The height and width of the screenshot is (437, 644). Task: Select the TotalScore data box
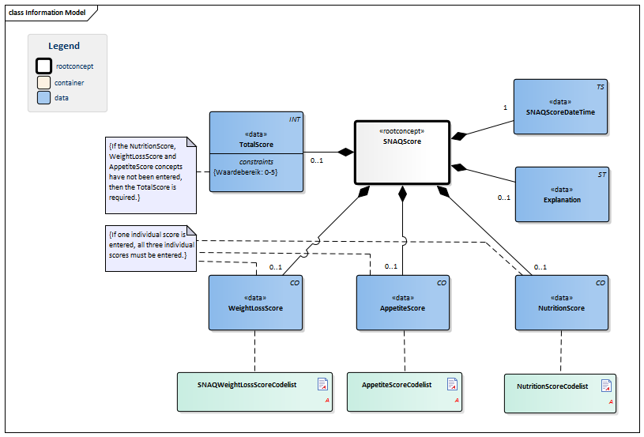pos(256,151)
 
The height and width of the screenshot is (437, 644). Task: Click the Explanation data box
pos(562,194)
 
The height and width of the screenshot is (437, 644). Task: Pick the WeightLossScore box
pos(255,303)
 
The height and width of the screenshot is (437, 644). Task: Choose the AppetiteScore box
pos(404,303)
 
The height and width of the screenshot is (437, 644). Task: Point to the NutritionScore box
pos(561,303)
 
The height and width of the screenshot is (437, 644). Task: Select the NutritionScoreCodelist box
pos(559,392)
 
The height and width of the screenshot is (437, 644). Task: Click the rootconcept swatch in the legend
pos(43,66)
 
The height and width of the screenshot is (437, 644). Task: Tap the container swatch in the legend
pos(43,82)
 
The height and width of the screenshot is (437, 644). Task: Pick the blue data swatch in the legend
pos(43,98)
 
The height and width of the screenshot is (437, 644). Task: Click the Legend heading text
pos(64,46)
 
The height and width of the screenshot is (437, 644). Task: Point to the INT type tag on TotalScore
pos(294,119)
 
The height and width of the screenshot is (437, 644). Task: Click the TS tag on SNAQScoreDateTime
pos(601,87)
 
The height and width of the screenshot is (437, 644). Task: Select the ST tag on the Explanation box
pos(602,174)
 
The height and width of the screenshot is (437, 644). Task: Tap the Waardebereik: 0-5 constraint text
pos(245,171)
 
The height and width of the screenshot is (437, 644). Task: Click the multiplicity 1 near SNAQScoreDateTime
pos(505,107)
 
